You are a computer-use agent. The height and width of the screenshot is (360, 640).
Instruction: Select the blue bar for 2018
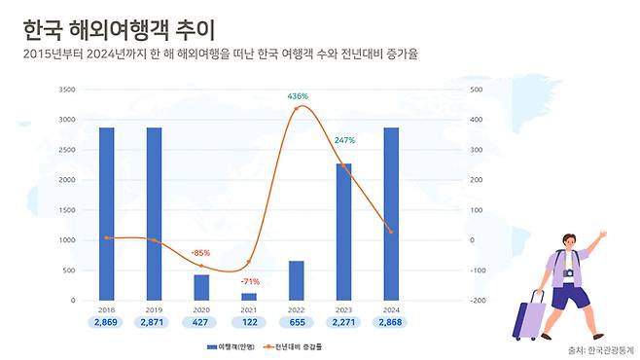click(106, 214)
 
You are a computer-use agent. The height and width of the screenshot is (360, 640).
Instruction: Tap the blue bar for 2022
click(296, 280)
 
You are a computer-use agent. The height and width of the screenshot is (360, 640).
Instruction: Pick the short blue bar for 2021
click(249, 296)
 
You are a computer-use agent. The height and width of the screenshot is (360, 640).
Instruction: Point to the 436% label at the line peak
click(298, 95)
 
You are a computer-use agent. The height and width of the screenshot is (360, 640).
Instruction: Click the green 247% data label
click(344, 141)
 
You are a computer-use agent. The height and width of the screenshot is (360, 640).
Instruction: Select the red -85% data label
click(201, 253)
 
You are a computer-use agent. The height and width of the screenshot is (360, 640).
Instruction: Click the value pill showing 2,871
click(154, 322)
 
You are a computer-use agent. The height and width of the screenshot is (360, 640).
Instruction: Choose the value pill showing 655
click(297, 322)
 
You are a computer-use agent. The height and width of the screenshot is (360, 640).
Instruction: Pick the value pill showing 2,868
click(391, 322)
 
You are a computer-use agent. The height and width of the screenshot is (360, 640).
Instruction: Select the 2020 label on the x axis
click(201, 309)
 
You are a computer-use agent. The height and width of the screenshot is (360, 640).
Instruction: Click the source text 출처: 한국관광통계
click(599, 349)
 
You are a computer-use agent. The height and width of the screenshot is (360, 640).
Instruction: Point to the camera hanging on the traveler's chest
click(568, 274)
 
